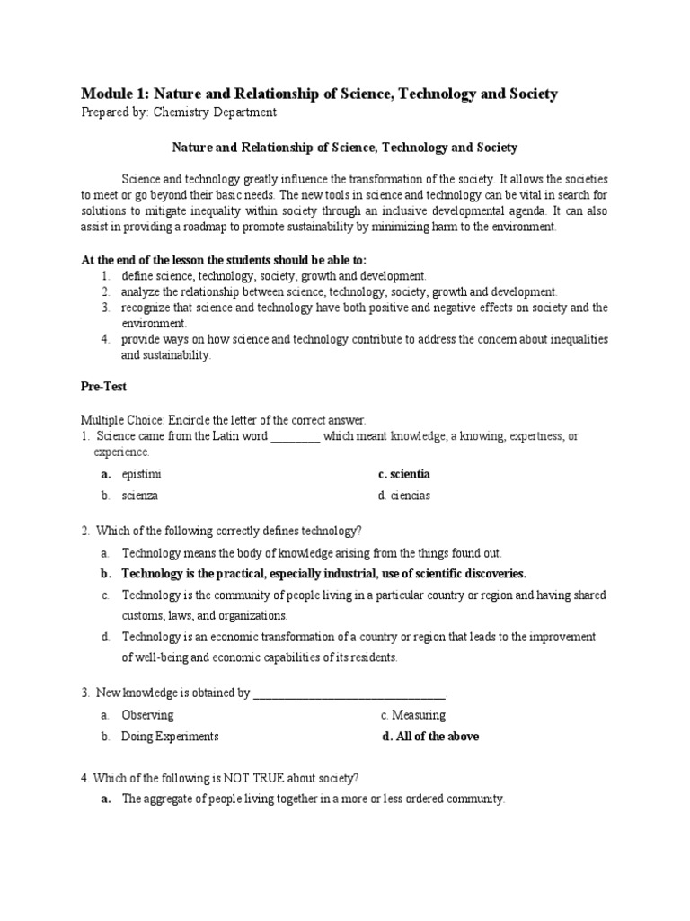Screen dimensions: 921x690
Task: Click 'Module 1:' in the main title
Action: [x=114, y=94]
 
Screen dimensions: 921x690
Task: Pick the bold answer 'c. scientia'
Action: [x=404, y=474]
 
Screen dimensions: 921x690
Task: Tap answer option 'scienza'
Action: [x=140, y=496]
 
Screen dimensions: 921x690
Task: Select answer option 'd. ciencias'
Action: [x=405, y=496]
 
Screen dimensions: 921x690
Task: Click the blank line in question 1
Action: [x=295, y=437]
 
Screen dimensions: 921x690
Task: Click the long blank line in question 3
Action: [x=349, y=693]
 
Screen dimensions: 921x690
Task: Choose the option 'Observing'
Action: [x=147, y=715]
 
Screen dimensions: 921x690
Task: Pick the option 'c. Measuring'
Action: [x=412, y=715]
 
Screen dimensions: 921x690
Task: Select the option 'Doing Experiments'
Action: [x=170, y=737]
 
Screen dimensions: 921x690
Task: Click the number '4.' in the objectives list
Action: [x=105, y=340]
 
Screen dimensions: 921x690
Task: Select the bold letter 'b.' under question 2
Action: [x=105, y=574]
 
